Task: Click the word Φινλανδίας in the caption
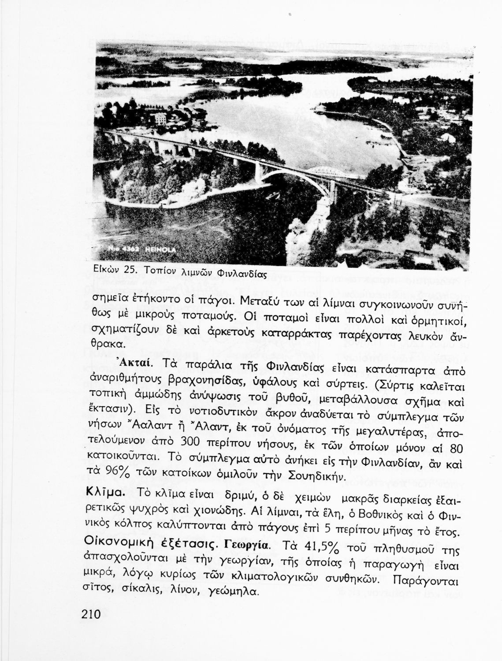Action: click(x=244, y=274)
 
